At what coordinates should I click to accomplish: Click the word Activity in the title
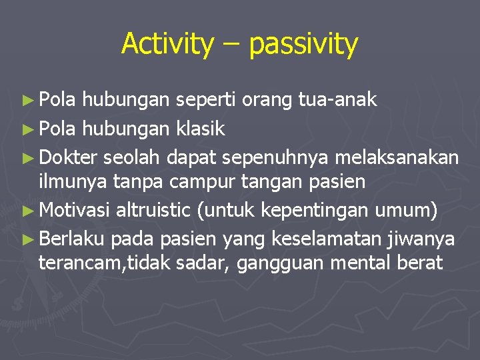[x=167, y=44]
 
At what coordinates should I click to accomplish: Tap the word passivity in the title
[x=303, y=44]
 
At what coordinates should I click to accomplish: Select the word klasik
[x=200, y=128]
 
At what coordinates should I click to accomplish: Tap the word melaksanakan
[x=398, y=157]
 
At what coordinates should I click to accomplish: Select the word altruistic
[x=153, y=211]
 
